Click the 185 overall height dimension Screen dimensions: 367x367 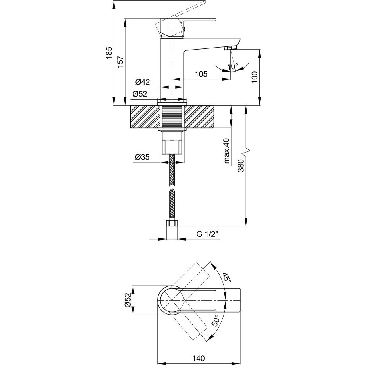109,53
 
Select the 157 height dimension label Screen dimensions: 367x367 120,62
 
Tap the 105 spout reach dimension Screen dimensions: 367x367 201,74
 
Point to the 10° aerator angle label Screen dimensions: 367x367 232,67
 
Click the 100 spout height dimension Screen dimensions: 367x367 255,77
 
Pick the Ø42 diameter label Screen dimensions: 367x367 143,82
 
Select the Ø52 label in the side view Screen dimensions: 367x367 140,94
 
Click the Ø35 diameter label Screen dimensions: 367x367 142,157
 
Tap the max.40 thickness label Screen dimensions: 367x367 227,151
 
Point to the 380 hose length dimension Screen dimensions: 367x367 241,166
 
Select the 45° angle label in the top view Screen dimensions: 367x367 226,277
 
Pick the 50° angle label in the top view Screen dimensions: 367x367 215,320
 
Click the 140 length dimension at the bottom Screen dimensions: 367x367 199,358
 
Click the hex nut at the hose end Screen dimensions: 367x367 172,223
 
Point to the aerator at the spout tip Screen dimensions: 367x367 230,48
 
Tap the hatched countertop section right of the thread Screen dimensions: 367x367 199,117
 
